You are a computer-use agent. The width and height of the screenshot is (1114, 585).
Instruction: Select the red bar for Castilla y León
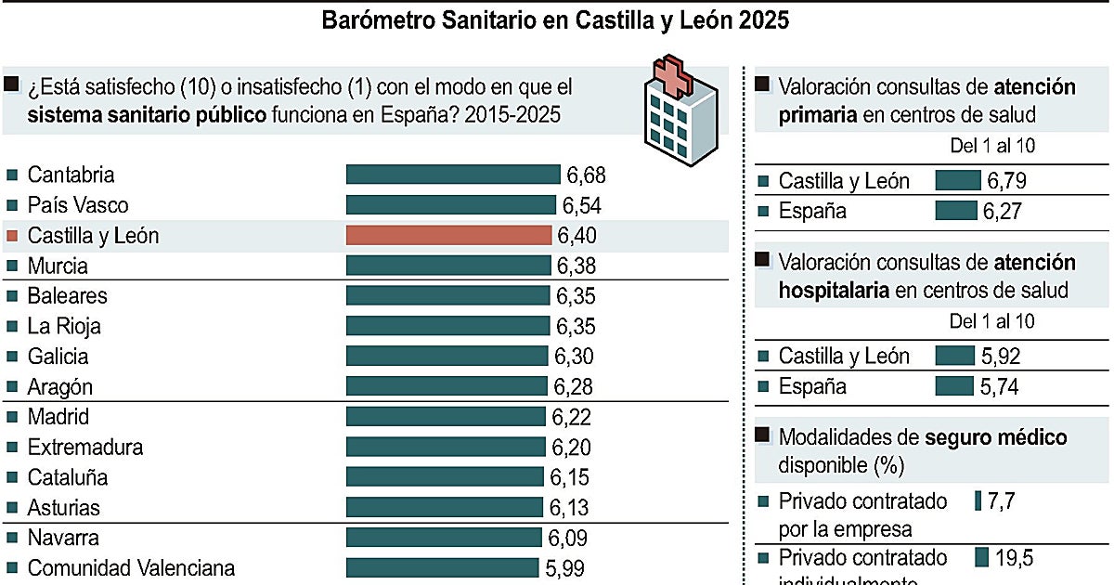click(448, 236)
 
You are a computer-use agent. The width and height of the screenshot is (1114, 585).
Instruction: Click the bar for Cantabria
click(453, 175)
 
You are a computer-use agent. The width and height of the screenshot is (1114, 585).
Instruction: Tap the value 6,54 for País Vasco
click(582, 205)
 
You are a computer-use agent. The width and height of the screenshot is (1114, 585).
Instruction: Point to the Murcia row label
click(58, 266)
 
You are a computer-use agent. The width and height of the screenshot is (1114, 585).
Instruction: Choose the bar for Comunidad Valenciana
click(442, 567)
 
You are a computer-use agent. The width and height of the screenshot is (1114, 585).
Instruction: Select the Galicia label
click(58, 357)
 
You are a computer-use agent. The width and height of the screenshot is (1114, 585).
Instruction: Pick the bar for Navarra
click(444, 538)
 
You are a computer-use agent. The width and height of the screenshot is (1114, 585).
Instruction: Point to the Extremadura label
click(85, 448)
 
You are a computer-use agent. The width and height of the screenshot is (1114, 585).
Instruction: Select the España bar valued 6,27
click(956, 211)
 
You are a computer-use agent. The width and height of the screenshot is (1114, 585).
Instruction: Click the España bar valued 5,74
click(955, 386)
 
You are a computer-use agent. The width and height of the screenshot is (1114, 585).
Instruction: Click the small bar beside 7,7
click(978, 501)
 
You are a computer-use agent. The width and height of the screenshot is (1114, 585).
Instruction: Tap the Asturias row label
click(63, 508)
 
